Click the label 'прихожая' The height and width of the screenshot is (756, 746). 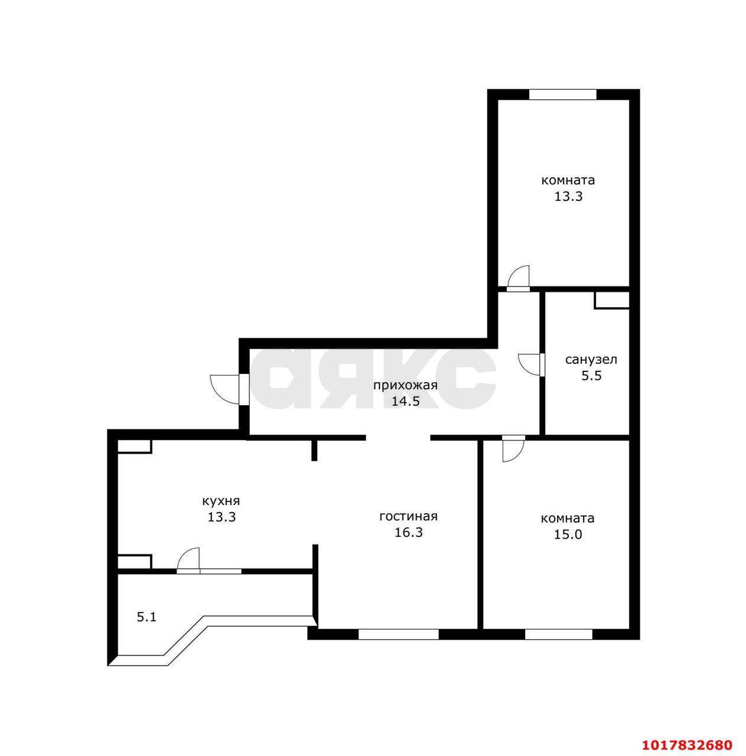click(x=405, y=386)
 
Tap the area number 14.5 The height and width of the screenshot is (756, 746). click(x=405, y=402)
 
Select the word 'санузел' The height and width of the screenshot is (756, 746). click(x=591, y=359)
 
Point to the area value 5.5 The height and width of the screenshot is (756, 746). click(x=591, y=376)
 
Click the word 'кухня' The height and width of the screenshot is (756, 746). click(x=221, y=501)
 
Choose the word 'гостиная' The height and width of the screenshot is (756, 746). click(x=408, y=516)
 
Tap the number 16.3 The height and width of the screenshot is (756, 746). click(x=409, y=532)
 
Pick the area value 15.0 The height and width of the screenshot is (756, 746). click(x=568, y=535)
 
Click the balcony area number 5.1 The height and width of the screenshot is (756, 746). click(x=146, y=617)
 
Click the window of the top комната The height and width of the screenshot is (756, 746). click(x=563, y=94)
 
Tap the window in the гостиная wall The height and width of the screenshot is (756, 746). click(x=398, y=634)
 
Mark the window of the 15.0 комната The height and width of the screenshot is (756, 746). click(x=558, y=634)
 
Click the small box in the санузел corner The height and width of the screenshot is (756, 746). click(x=612, y=300)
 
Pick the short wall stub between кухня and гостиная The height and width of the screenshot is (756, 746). click(x=314, y=449)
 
